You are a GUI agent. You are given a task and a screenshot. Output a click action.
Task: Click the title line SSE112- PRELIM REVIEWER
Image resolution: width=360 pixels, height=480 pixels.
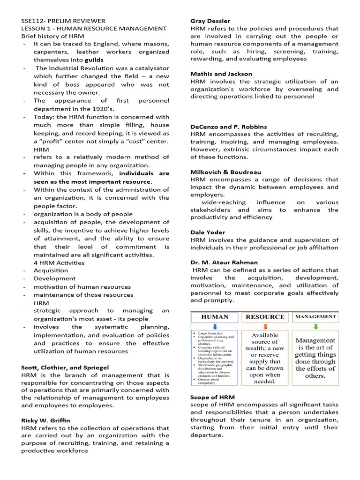(63, 21)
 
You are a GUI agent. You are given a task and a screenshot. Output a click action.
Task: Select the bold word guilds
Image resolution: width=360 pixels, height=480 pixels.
(94, 60)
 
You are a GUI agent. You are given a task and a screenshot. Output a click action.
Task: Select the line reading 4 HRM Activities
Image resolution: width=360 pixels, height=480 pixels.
(59, 262)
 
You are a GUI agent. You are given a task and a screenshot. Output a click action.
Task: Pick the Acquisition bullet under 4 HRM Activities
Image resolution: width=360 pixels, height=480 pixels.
(51, 270)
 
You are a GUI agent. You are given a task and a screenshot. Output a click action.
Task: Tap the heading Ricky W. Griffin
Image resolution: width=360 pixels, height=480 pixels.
(45, 420)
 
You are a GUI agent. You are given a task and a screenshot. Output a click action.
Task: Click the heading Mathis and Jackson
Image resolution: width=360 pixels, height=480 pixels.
(221, 74)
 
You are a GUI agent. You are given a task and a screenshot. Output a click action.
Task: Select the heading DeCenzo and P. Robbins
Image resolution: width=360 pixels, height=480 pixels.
(229, 127)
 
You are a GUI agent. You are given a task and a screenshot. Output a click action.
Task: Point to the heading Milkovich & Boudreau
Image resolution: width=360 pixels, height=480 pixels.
(225, 172)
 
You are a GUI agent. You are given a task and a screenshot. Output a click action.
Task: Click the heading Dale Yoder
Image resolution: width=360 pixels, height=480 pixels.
(208, 232)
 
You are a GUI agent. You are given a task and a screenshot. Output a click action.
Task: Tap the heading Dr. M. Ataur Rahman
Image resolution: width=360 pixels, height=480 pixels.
(224, 262)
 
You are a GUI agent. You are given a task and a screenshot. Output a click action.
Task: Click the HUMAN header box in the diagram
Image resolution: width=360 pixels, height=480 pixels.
(215, 317)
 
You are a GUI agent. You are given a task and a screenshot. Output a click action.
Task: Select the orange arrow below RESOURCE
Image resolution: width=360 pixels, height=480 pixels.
(265, 327)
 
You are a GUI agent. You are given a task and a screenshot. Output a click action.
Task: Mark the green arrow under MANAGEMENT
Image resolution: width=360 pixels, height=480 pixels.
(315, 327)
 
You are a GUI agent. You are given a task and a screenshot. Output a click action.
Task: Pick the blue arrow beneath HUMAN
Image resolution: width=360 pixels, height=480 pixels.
(215, 327)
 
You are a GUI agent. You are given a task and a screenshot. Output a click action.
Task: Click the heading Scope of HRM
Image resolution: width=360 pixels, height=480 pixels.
(212, 397)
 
